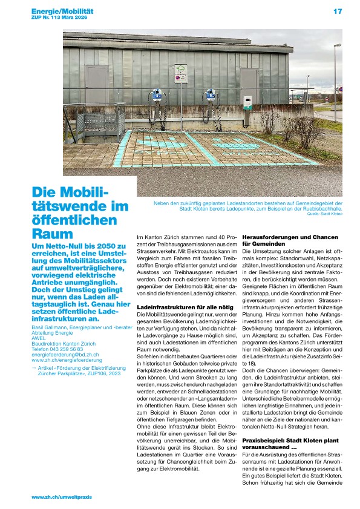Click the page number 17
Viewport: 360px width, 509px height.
(338, 11)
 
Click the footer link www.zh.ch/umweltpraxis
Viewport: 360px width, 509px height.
(61, 496)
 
